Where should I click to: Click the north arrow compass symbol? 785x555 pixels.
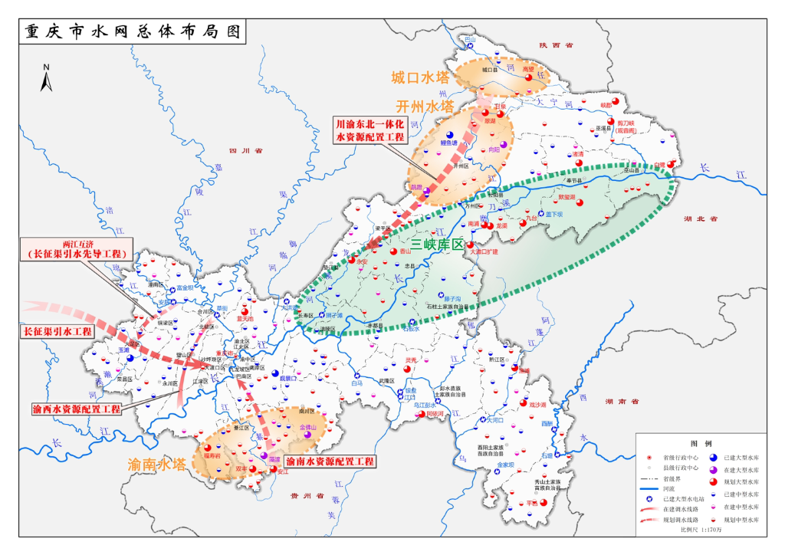click(x=46, y=78)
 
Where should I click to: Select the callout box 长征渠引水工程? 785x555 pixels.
click(x=54, y=331)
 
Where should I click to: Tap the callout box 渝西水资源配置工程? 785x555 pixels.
click(x=77, y=409)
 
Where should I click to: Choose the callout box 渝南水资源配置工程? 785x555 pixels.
click(x=330, y=461)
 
